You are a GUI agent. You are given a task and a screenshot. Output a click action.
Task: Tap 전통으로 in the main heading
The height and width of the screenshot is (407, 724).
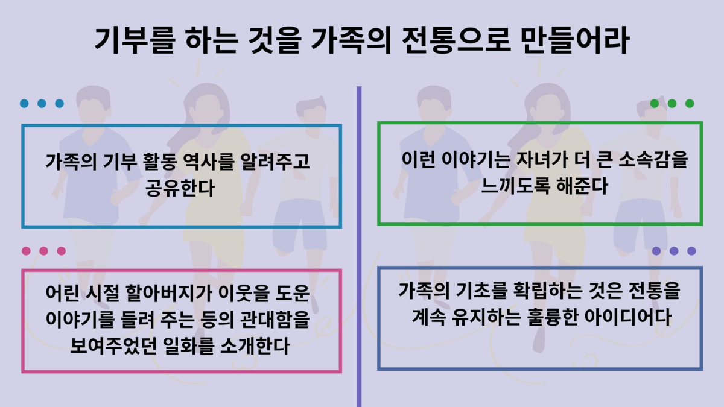tap(456, 40)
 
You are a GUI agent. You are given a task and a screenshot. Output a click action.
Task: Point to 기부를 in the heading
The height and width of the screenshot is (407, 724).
tap(135, 40)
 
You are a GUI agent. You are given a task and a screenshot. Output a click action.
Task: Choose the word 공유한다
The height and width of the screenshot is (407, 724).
tap(180, 188)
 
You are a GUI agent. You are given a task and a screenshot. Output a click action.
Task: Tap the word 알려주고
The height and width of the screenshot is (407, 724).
tap(275, 161)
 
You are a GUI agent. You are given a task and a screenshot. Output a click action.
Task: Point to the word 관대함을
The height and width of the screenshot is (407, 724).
tap(275, 320)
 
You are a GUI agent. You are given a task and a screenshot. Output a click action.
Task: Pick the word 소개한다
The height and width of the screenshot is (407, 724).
tap(255, 346)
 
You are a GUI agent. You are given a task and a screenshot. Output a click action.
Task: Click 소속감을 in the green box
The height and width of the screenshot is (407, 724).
tap(653, 159)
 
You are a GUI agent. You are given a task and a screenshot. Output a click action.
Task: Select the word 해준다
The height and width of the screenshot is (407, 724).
tap(582, 186)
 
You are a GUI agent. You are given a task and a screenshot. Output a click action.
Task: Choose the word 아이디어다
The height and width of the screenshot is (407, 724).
tap(628, 317)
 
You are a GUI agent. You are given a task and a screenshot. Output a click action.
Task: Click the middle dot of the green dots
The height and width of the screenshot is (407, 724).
tap(672, 103)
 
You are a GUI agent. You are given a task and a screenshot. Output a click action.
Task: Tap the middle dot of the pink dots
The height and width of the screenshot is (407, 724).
tap(43, 251)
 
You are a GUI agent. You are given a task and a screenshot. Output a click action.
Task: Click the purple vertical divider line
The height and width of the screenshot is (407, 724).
tap(359, 247)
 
